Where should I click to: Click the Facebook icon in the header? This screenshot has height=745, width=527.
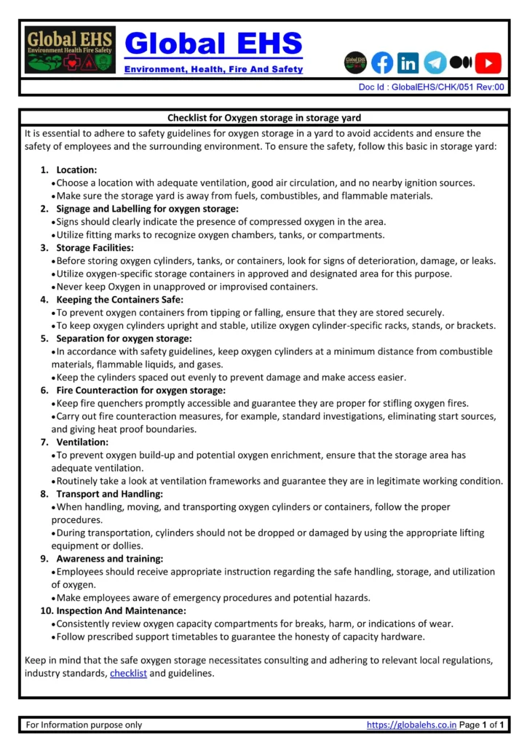click(x=382, y=63)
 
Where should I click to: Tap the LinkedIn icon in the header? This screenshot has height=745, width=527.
click(x=408, y=63)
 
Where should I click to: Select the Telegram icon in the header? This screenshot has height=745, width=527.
click(x=435, y=63)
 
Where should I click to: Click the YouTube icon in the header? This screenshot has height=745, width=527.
click(x=488, y=63)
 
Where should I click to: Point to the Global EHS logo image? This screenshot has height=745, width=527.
click(x=70, y=50)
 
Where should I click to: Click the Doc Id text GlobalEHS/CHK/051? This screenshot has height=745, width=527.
click(x=432, y=87)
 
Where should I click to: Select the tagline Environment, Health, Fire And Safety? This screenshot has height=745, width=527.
click(x=213, y=69)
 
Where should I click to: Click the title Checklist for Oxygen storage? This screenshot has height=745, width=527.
click(x=263, y=118)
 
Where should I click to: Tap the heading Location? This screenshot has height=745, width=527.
click(x=76, y=170)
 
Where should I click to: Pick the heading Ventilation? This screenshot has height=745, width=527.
click(x=82, y=442)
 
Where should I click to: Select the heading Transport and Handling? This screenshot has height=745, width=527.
click(x=110, y=494)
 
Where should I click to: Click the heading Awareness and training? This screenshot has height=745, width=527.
click(x=110, y=559)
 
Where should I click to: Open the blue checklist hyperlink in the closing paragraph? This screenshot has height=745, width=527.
click(x=128, y=674)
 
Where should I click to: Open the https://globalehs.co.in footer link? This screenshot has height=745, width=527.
click(x=411, y=725)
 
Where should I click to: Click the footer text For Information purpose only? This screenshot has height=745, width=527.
click(x=84, y=725)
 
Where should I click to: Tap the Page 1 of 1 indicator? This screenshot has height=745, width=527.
click(x=482, y=725)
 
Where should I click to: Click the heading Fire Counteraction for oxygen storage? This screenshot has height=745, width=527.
click(x=141, y=390)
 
